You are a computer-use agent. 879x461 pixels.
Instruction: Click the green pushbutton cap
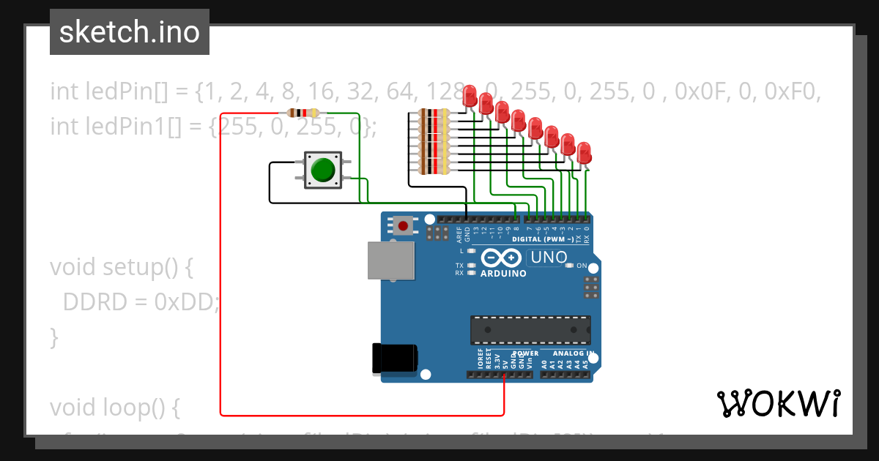coord(322,169)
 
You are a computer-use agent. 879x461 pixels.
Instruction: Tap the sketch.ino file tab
coord(130,32)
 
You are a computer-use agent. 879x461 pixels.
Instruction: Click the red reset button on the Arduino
coord(402,225)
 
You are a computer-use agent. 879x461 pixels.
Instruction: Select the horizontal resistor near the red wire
coord(303,113)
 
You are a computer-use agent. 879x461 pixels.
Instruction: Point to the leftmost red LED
coord(470,94)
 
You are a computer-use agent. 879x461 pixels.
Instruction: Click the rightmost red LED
coord(584,154)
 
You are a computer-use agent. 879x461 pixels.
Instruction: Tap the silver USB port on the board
coord(390,261)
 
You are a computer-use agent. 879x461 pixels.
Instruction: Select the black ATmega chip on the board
coord(530,329)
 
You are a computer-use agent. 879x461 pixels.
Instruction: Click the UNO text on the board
coord(549,258)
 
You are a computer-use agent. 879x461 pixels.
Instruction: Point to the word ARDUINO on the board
coord(503,274)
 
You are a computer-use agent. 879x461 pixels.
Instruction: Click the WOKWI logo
coord(778,403)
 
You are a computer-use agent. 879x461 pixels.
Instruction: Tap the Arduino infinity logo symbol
coord(502,258)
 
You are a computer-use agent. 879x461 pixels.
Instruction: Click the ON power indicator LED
coord(569,265)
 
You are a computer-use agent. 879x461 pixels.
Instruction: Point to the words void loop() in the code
coord(114,407)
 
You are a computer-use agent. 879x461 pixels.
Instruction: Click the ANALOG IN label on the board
coord(572,353)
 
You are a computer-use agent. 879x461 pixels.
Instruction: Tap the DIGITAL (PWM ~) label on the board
coord(544,239)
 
